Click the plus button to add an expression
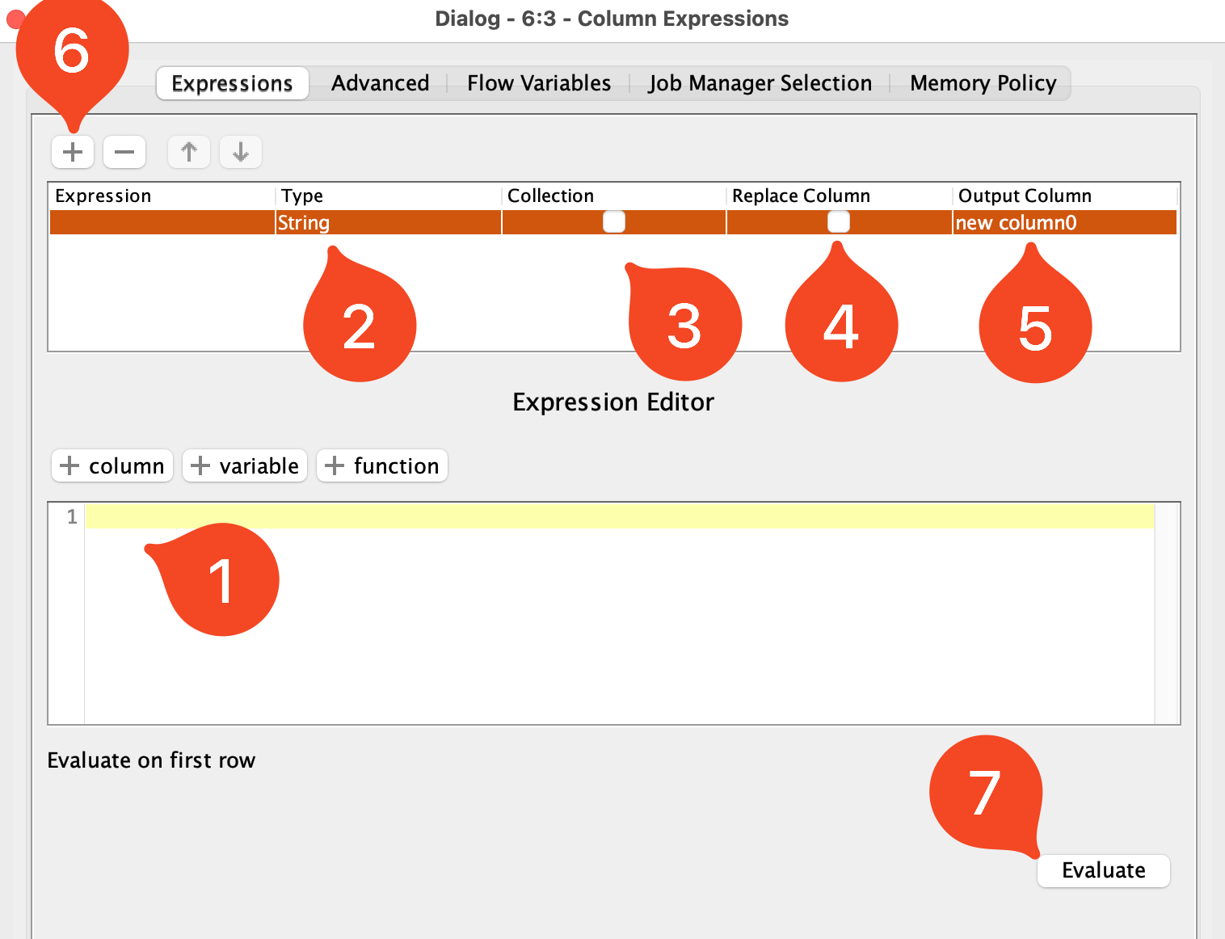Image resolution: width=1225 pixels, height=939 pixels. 73,152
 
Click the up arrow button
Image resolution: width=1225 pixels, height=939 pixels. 189,152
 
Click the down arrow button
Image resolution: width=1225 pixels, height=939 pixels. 241,152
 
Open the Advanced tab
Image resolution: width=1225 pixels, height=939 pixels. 380,83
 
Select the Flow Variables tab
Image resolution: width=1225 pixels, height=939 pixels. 538,83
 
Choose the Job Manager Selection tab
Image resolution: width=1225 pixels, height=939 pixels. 760,83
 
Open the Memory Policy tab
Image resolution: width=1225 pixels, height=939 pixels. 983,83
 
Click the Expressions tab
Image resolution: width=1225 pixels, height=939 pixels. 232,83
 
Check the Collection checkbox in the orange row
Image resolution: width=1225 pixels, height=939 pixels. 614,222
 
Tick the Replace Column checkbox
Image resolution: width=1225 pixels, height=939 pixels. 839,222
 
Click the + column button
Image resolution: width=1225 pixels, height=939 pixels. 112,465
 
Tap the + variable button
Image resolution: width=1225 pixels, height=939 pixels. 245,465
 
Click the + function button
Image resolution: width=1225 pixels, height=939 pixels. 382,465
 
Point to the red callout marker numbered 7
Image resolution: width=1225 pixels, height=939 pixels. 985,793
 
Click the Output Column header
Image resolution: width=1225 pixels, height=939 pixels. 1024,196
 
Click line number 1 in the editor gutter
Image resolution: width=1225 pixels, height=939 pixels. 72,516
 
